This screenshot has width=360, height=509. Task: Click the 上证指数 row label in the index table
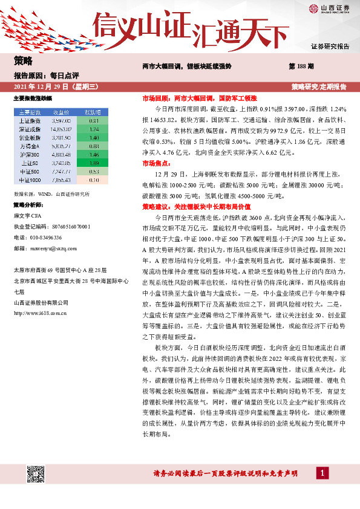pyautogui.click(x=30, y=121)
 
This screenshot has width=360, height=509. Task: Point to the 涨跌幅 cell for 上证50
pyautogui.click(x=93, y=163)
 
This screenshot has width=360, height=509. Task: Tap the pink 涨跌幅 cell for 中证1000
pyautogui.click(x=93, y=180)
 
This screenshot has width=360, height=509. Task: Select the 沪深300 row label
pyautogui.click(x=30, y=155)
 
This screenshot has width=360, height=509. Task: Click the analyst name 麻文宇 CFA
pyautogui.click(x=28, y=215)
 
